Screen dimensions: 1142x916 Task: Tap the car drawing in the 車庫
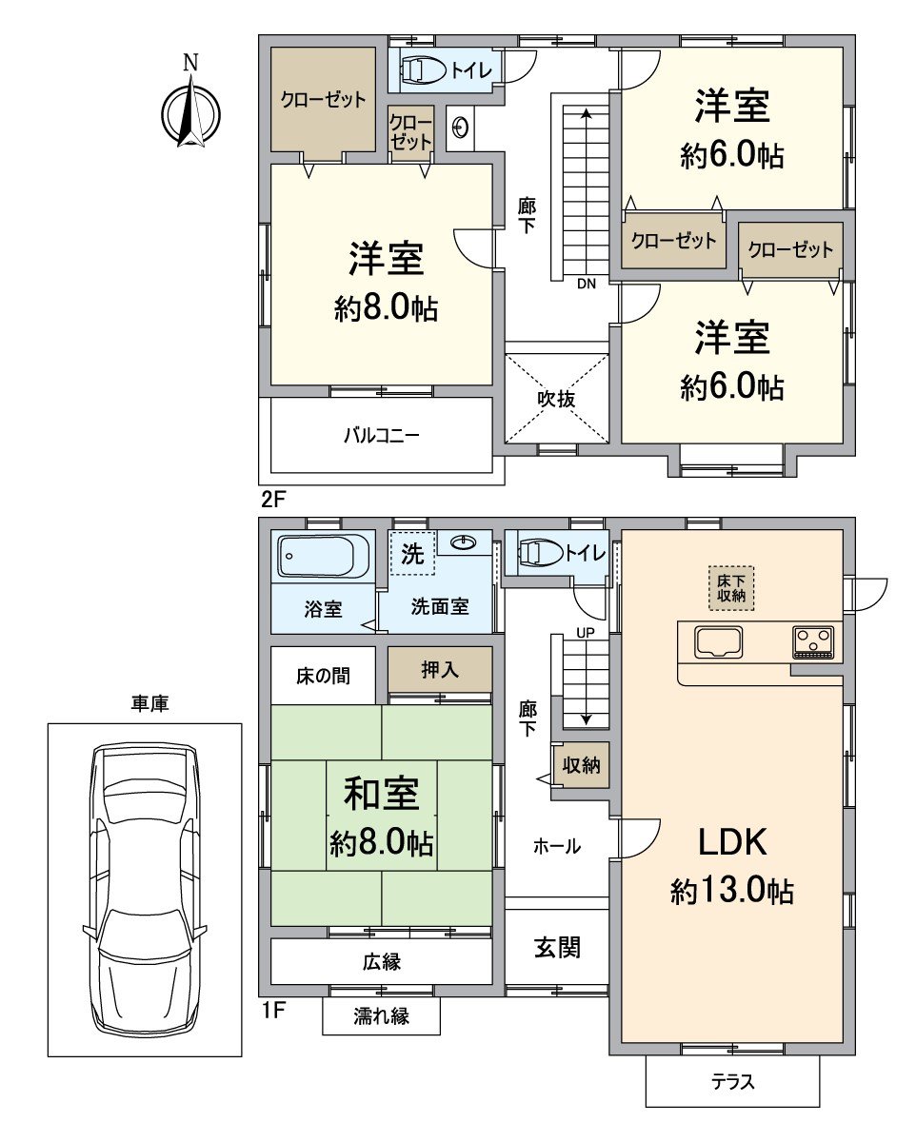tap(144, 890)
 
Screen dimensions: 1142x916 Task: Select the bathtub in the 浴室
tap(324, 556)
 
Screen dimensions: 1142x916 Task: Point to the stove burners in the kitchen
tap(812, 641)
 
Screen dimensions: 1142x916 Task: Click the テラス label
tap(732, 1082)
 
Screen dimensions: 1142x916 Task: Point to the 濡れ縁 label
tap(381, 1016)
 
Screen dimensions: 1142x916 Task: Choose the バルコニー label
tap(381, 435)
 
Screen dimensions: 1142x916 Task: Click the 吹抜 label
tap(557, 400)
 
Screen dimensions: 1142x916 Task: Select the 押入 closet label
tap(440, 670)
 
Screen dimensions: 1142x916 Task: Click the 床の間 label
tap(323, 676)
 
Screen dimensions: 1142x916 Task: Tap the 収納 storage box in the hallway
tap(581, 765)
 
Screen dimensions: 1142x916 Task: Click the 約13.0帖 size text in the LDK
tap(732, 891)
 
